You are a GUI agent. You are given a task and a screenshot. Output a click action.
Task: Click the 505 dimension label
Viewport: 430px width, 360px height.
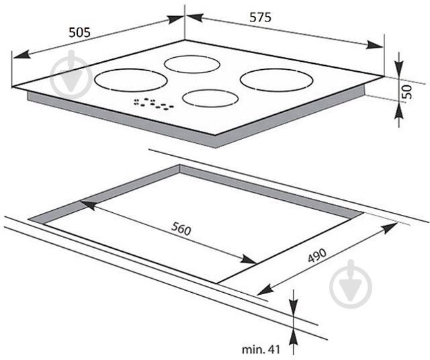tap(79, 33)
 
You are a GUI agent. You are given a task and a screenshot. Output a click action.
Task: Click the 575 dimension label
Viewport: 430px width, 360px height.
tap(260, 17)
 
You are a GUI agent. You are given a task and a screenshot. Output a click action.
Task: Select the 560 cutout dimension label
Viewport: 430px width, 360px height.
tap(181, 228)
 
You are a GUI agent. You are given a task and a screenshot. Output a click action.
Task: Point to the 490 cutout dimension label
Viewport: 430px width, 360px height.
tap(317, 255)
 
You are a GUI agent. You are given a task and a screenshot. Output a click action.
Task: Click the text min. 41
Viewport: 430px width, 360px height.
tap(261, 349)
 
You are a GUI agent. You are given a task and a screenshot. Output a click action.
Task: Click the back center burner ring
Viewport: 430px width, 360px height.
tap(192, 64)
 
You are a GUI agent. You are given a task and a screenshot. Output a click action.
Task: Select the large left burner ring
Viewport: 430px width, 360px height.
tap(131, 80)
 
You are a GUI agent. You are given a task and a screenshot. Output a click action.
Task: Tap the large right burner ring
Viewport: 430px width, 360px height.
tap(277, 80)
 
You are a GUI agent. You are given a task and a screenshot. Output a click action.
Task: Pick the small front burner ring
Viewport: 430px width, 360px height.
tap(210, 99)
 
